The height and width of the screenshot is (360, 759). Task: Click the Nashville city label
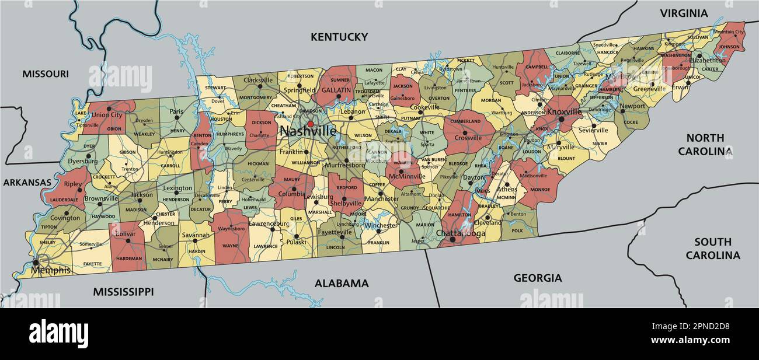pyautogui.click(x=308, y=132)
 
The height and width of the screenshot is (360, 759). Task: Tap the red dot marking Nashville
pyautogui.click(x=311, y=124)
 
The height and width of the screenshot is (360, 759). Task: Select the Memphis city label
pyautogui.click(x=51, y=270)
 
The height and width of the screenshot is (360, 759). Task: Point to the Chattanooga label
pyautogui.click(x=460, y=233)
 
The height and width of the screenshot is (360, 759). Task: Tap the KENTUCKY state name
pyautogui.click(x=339, y=37)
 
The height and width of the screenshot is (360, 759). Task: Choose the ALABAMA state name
pyautogui.click(x=342, y=284)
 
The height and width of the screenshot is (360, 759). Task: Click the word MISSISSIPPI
pyautogui.click(x=123, y=291)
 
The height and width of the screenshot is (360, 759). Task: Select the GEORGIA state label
pyautogui.click(x=537, y=278)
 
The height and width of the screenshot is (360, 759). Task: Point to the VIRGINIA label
pyautogui.click(x=684, y=13)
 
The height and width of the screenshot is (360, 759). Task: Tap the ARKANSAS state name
pyautogui.click(x=27, y=182)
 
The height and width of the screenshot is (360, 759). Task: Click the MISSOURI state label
pyautogui.click(x=46, y=74)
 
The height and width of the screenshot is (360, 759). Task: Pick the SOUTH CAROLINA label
pyautogui.click(x=713, y=249)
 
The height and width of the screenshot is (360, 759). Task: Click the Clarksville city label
pyautogui.click(x=258, y=80)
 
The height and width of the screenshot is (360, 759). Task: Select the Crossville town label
pyautogui.click(x=468, y=138)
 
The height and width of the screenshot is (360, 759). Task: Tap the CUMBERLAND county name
pyautogui.click(x=465, y=121)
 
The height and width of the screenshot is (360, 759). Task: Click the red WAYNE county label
pyautogui.click(x=231, y=246)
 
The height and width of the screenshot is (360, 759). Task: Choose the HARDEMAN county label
pyautogui.click(x=128, y=258)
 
